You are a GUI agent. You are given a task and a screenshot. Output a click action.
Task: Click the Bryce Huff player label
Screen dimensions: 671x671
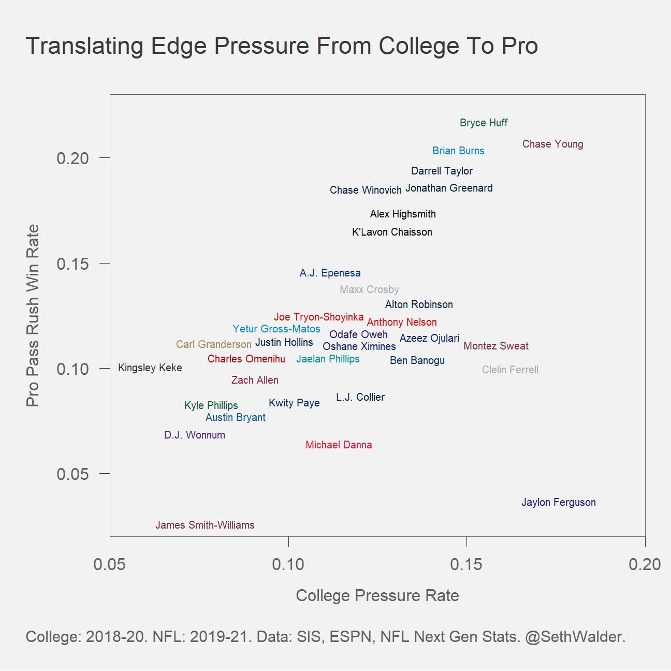click(x=484, y=123)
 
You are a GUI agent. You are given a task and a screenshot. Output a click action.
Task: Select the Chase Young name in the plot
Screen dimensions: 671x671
click(x=552, y=144)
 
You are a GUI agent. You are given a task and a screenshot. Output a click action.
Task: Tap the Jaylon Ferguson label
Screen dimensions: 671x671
click(x=558, y=502)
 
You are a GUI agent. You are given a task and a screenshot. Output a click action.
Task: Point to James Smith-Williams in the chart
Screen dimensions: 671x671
click(x=205, y=525)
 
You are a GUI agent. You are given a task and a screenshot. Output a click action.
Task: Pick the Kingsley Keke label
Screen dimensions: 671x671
click(x=150, y=368)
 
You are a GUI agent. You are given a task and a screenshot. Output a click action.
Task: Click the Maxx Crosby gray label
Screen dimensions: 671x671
click(x=369, y=289)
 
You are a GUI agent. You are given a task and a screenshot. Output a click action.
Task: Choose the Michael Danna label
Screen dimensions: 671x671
click(x=339, y=445)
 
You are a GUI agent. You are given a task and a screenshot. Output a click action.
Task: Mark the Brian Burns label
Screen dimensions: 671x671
click(x=458, y=151)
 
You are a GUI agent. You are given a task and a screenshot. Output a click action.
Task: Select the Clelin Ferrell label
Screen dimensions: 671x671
click(x=510, y=370)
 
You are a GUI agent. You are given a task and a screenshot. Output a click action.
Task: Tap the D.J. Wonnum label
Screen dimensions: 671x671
click(x=194, y=435)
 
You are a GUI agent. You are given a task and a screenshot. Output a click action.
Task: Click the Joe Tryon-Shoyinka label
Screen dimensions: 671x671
click(x=318, y=317)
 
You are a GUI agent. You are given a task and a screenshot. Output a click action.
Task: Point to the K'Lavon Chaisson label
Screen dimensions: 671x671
click(x=392, y=232)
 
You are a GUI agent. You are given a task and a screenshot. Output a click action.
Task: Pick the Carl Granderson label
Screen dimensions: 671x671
click(x=213, y=344)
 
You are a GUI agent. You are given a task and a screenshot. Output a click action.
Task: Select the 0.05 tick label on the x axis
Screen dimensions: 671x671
click(x=110, y=564)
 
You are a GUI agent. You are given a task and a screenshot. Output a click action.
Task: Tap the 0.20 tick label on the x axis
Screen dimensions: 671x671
click(x=645, y=564)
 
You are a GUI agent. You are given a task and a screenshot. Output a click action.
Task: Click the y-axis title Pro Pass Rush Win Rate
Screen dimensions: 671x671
click(x=33, y=315)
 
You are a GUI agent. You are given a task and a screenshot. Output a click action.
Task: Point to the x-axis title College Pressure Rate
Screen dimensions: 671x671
click(x=377, y=595)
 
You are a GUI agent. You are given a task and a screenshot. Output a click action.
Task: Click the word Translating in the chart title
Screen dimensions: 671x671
click(x=84, y=46)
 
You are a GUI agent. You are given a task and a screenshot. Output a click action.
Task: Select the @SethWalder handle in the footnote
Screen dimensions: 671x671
click(x=575, y=636)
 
